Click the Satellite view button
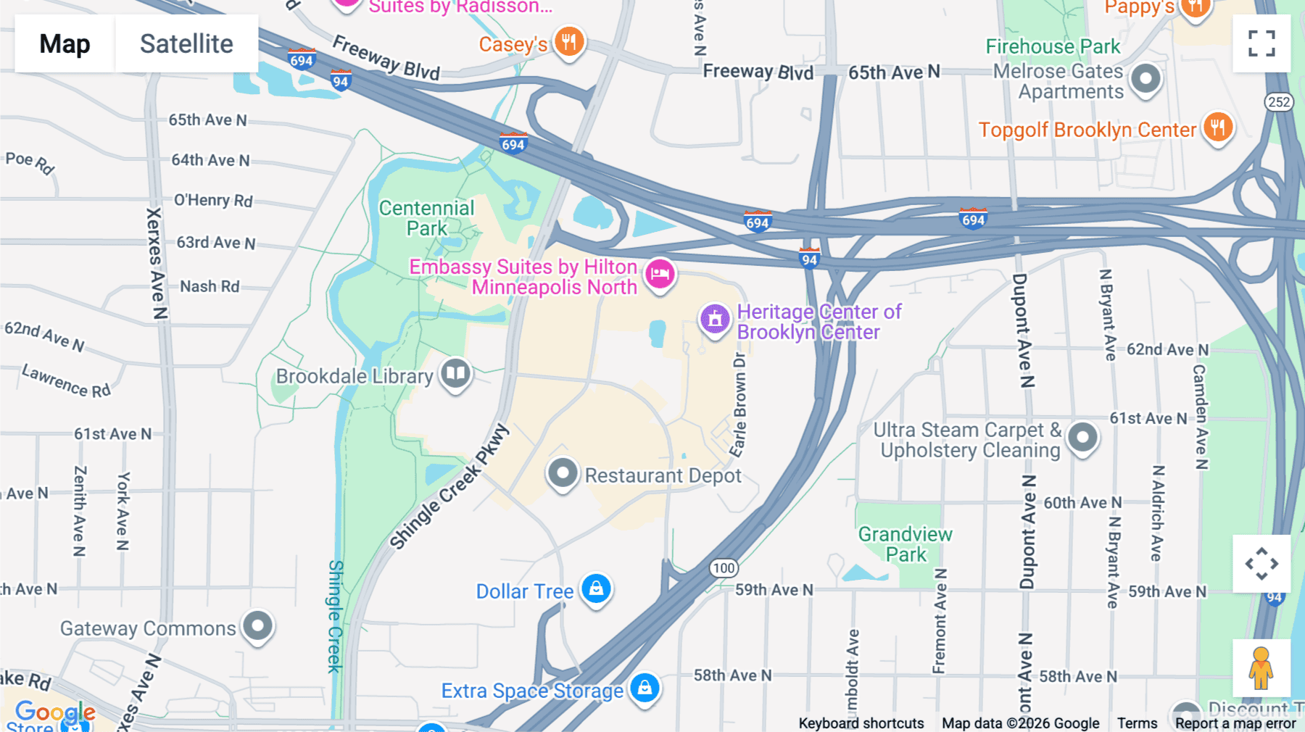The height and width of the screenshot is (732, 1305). click(186, 43)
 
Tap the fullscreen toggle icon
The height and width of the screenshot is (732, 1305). click(1261, 43)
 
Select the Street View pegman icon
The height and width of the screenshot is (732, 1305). click(1261, 667)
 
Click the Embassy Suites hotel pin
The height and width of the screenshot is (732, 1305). click(660, 274)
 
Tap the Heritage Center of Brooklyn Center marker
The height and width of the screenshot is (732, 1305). click(715, 319)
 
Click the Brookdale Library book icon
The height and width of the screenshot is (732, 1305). click(455, 374)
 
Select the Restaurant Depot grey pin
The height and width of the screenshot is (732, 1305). click(562, 473)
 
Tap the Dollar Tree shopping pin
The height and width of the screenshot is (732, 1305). click(596, 588)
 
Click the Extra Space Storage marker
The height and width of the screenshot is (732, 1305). click(645, 687)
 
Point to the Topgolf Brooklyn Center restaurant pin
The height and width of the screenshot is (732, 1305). click(1218, 128)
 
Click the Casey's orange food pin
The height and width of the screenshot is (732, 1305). click(569, 42)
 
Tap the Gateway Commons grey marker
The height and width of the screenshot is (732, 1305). click(257, 625)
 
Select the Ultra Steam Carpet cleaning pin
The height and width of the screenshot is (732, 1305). click(1082, 437)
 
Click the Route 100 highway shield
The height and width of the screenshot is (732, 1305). click(724, 567)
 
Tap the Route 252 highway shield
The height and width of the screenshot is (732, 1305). click(1279, 101)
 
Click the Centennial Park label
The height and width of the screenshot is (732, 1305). click(426, 218)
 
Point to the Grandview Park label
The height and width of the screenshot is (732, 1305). click(906, 544)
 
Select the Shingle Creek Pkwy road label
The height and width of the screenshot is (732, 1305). click(449, 488)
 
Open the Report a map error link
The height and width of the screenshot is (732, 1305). click(1235, 723)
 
